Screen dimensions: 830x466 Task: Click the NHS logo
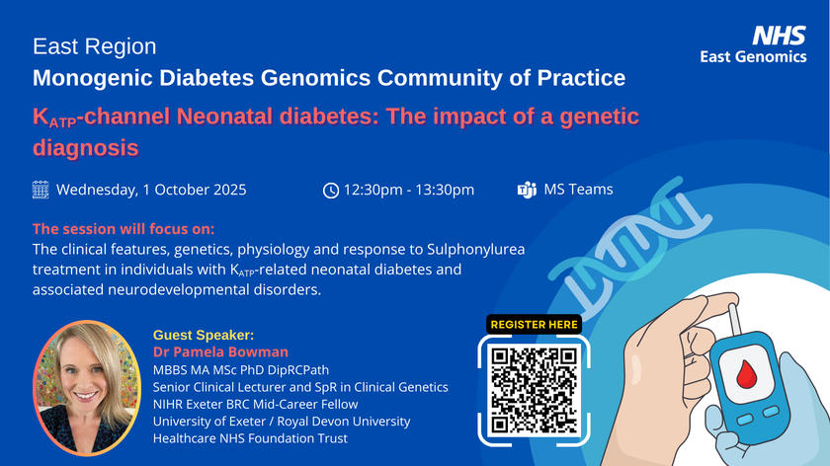(x=779, y=36)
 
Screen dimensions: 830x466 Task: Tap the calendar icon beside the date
(x=41, y=190)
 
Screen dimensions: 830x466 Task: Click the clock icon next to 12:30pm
(x=331, y=190)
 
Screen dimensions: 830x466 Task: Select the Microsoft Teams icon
(x=527, y=190)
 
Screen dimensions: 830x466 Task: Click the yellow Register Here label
(x=535, y=324)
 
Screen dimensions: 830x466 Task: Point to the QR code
(x=534, y=390)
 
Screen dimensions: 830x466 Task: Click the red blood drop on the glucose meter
(x=746, y=373)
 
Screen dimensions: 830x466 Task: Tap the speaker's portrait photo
(x=87, y=388)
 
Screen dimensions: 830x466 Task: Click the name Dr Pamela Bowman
(x=220, y=351)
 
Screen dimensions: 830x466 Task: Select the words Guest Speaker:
(x=204, y=335)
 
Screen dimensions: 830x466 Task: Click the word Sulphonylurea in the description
(x=476, y=250)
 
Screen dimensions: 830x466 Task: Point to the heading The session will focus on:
(x=124, y=229)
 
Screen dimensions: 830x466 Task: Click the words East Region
(x=94, y=46)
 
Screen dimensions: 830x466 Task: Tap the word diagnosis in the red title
(x=86, y=147)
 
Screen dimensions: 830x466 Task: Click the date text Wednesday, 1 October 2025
(x=151, y=190)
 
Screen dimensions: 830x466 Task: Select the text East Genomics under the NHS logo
(x=753, y=56)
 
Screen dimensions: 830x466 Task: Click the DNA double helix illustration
(x=630, y=245)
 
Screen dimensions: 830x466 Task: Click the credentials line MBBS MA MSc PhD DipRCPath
(x=241, y=369)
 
